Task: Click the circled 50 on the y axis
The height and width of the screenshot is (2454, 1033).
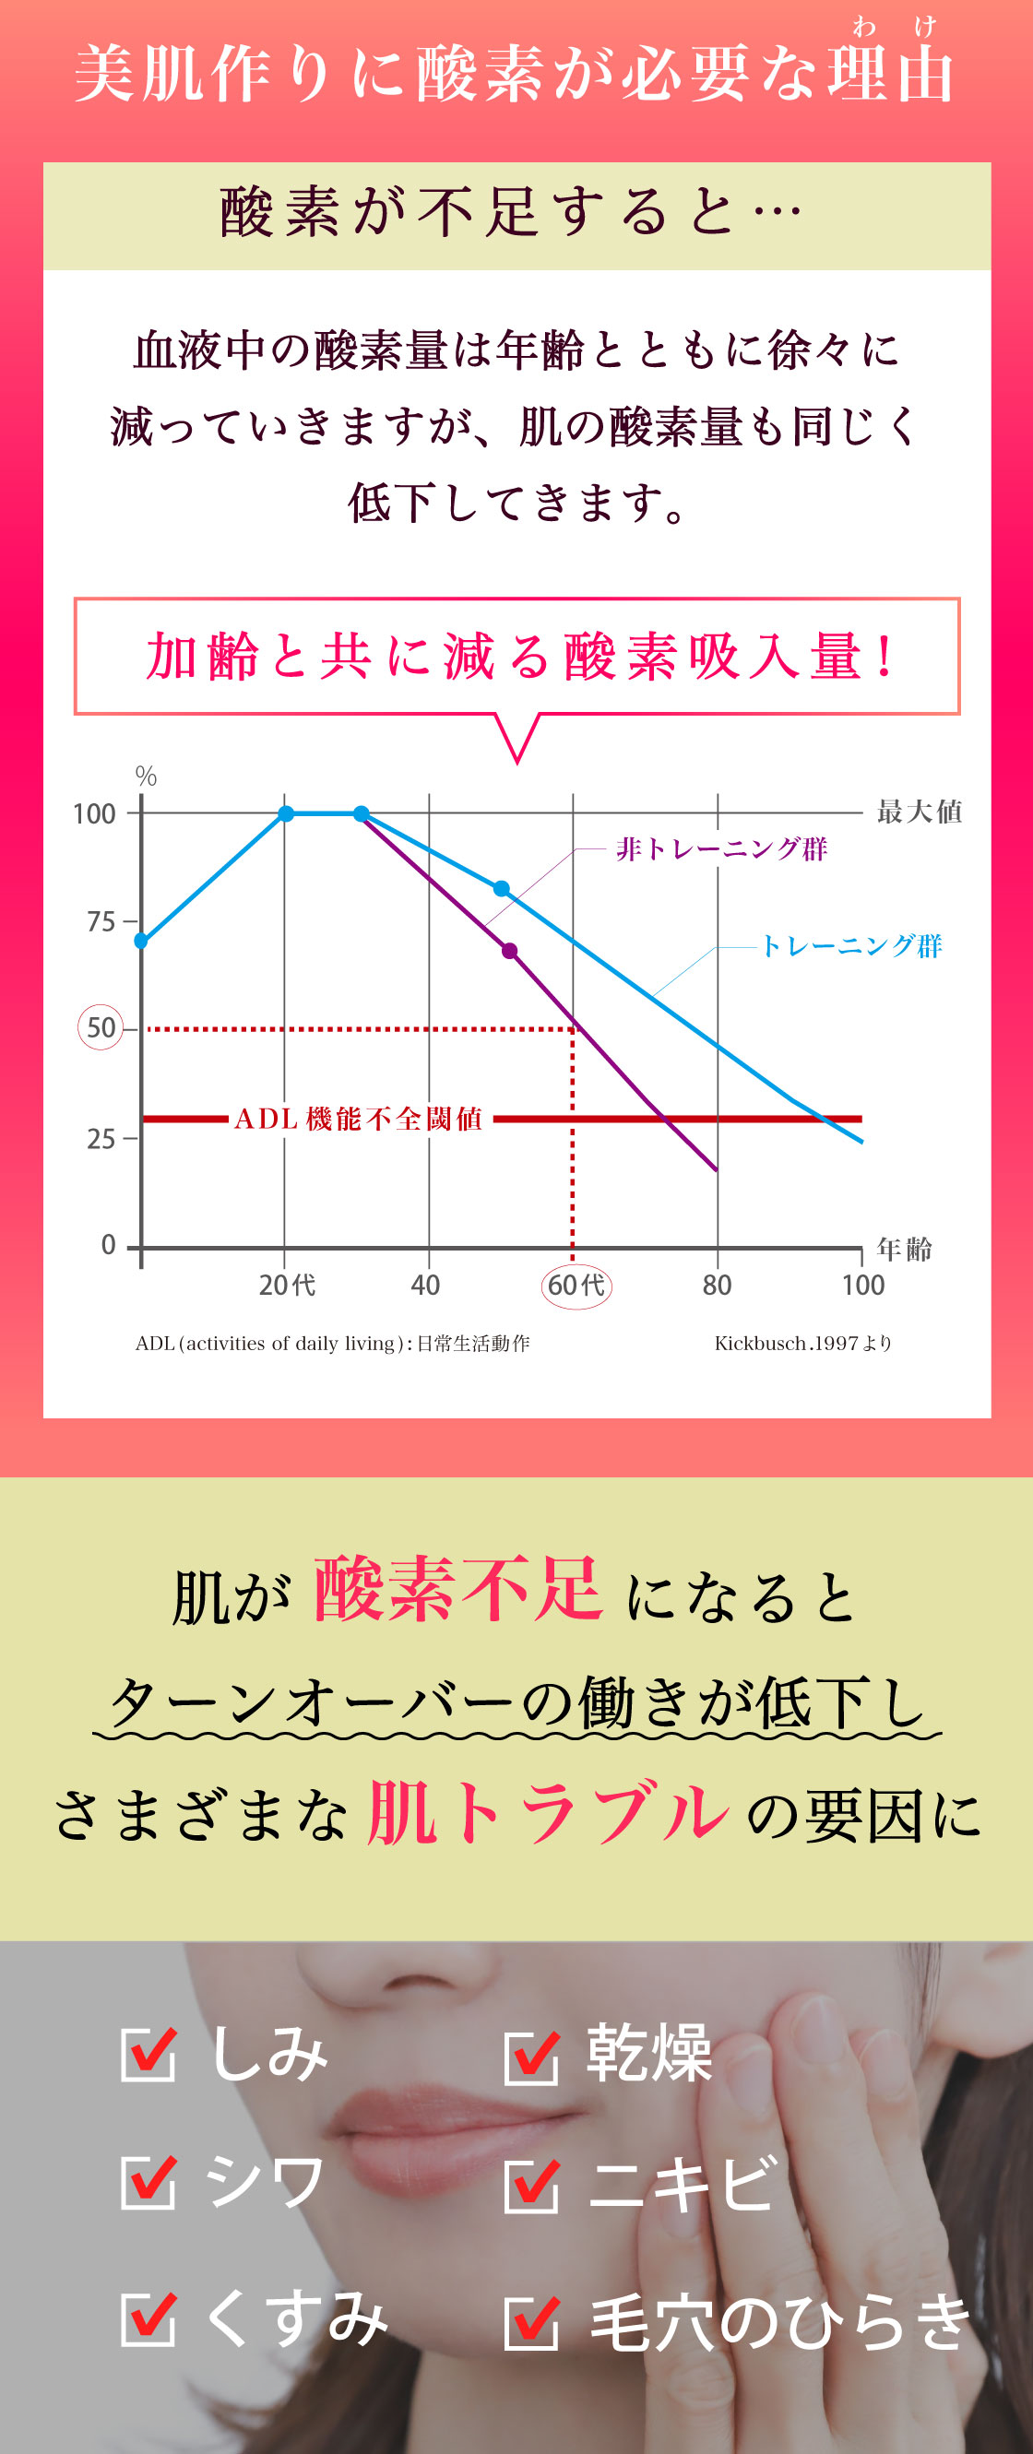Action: (x=100, y=1027)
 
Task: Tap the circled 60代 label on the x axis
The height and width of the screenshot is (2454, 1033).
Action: (x=576, y=1286)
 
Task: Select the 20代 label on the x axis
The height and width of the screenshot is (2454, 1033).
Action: (x=286, y=1286)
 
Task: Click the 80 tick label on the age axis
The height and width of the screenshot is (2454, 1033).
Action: (x=717, y=1286)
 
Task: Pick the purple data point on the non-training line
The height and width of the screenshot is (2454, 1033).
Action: (x=510, y=951)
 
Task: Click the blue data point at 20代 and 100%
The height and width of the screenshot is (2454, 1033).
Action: (x=286, y=812)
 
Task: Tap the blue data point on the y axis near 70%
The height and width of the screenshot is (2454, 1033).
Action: (x=141, y=941)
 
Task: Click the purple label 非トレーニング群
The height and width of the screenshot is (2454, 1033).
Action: (x=721, y=848)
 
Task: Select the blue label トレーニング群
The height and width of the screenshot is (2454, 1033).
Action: (x=851, y=945)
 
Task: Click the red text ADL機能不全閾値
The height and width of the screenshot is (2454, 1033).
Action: (x=360, y=1119)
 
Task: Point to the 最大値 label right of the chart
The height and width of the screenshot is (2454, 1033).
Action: (x=919, y=812)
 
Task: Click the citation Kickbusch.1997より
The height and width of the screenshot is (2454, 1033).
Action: (x=802, y=1344)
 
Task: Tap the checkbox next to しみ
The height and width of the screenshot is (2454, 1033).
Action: (x=148, y=2055)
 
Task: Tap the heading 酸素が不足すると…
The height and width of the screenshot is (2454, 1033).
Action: (x=513, y=212)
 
